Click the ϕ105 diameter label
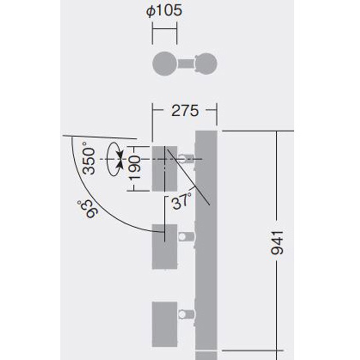tap(164, 10)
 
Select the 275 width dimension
tap(185, 111)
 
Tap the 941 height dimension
tap(277, 243)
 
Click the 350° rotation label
tap(88, 158)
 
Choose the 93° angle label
tap(88, 209)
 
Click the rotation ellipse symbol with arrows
tap(115, 159)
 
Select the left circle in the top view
tap(165, 63)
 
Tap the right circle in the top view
tap(206, 64)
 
